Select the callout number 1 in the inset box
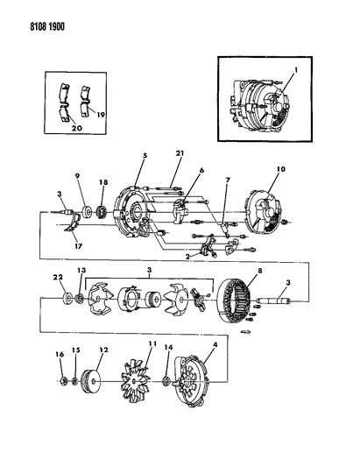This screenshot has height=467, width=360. pos(296,69)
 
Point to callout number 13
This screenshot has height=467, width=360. pos(81,271)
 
